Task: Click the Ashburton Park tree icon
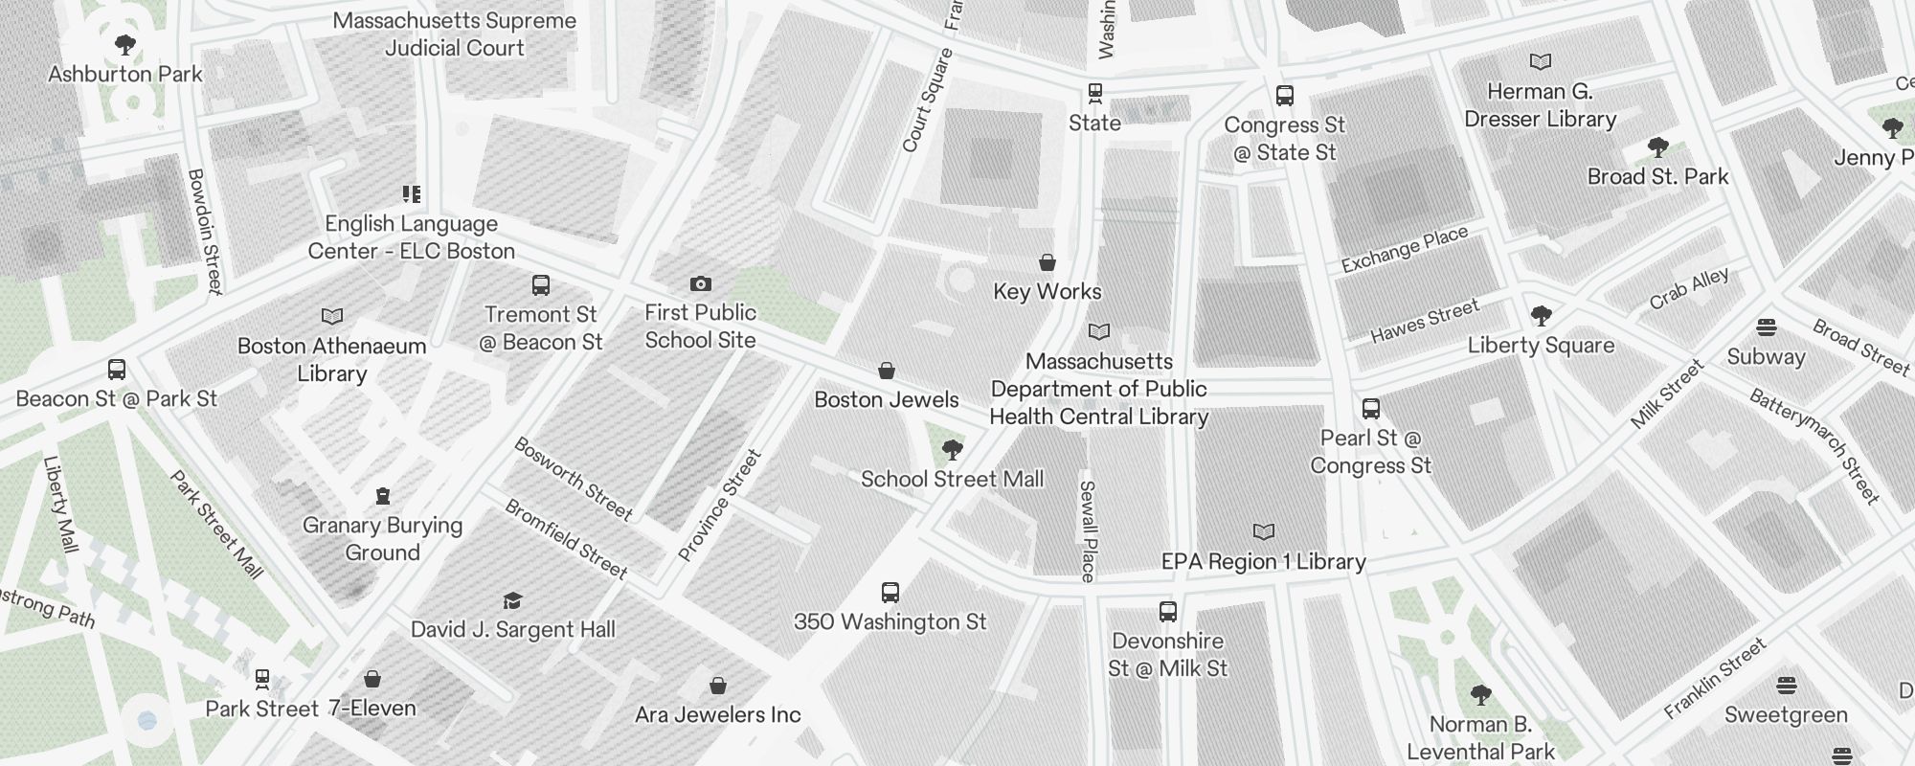[x=124, y=45]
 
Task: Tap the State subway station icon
[x=1094, y=94]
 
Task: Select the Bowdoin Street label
[x=205, y=231]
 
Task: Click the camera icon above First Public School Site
[x=701, y=284]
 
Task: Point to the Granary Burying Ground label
[x=382, y=539]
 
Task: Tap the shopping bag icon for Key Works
[x=1048, y=262]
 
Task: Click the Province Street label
[x=719, y=506]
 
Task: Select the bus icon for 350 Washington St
[x=890, y=593]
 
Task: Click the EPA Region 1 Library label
[x=1263, y=562]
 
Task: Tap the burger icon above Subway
[x=1767, y=327]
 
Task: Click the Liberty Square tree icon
[x=1541, y=316]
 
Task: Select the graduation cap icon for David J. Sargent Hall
[x=512, y=601]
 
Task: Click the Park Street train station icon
[x=262, y=680]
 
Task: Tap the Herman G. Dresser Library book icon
[x=1540, y=62]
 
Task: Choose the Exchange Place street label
[x=1404, y=250]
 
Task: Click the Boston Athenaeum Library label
[x=331, y=359]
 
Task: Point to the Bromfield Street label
[x=566, y=539]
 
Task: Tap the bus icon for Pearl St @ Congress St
[x=1371, y=409]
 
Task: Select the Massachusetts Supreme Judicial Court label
[x=455, y=34]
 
